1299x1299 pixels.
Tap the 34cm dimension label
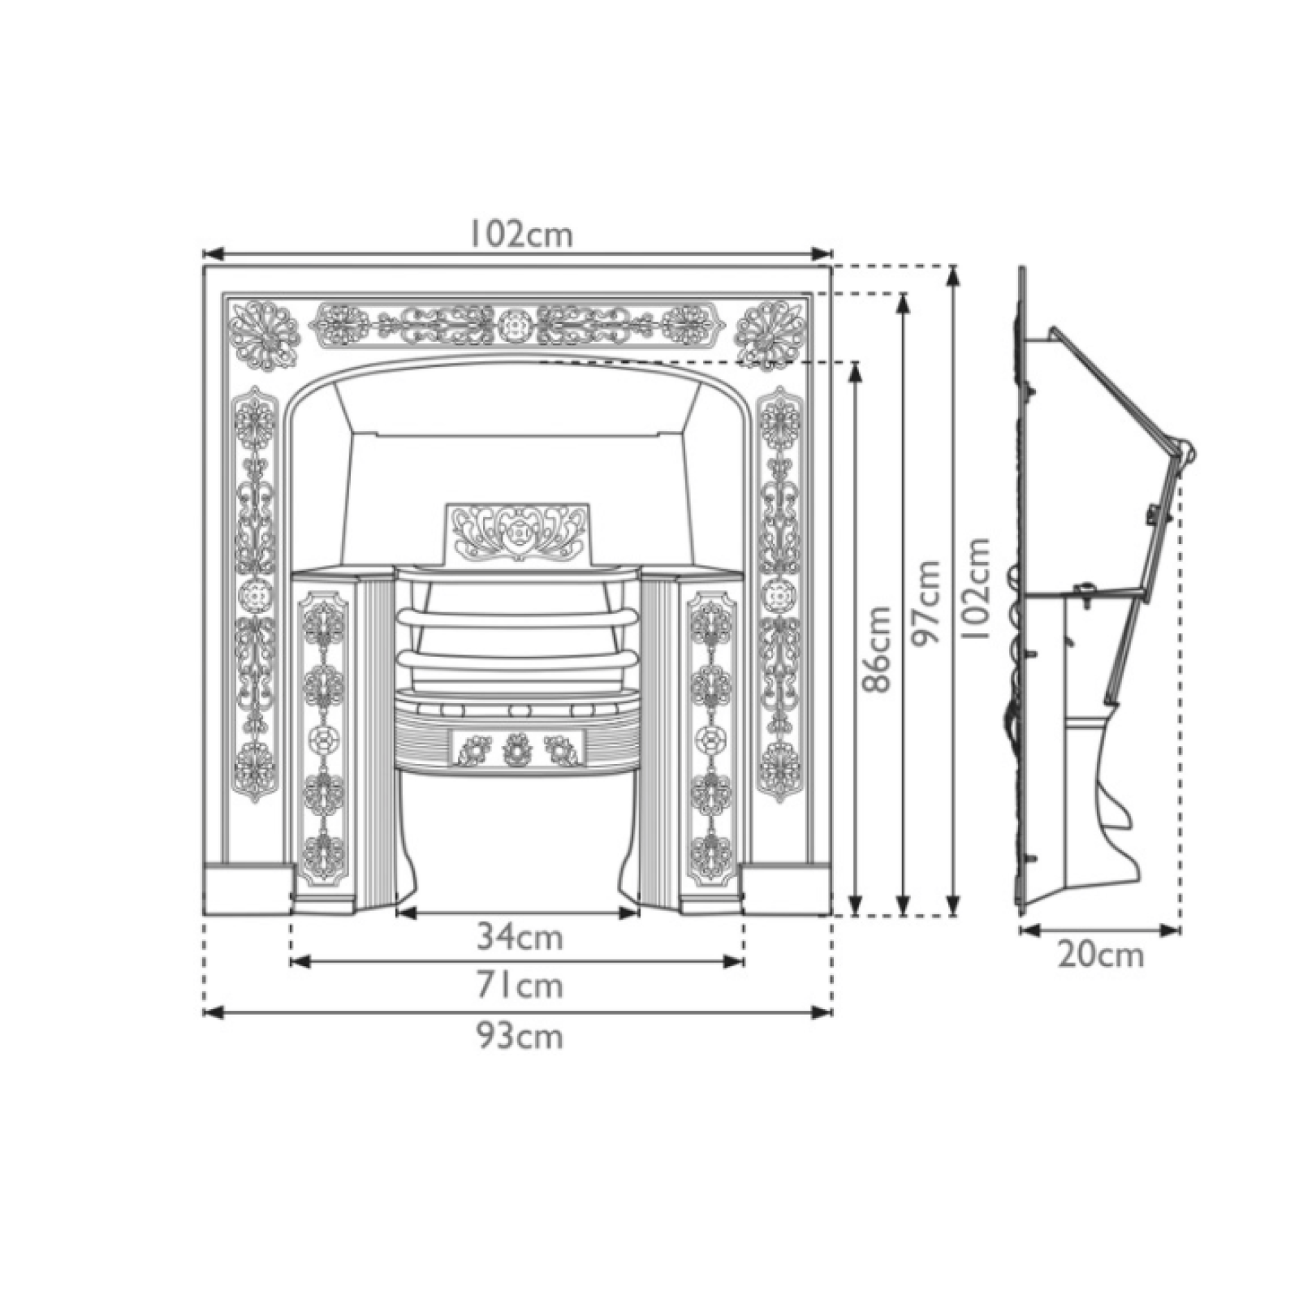pos(520,938)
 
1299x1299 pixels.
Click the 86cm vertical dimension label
pos(877,649)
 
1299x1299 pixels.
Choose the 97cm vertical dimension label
pos(926,602)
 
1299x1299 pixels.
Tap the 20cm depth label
pos(1101,955)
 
